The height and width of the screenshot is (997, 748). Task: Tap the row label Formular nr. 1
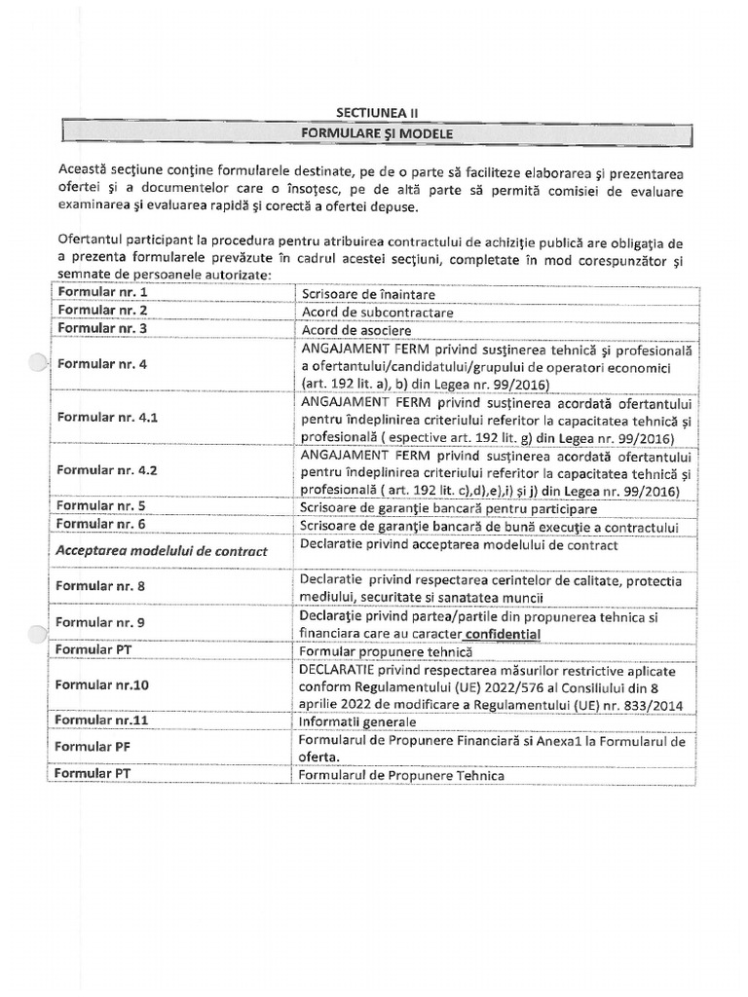click(102, 291)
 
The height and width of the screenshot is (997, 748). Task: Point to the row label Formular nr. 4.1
click(107, 417)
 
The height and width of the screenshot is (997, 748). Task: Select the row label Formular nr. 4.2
click(107, 469)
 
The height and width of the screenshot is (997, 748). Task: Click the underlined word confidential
click(495, 634)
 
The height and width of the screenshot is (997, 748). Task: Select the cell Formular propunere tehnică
click(387, 650)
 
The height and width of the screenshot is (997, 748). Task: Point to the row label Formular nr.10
click(102, 684)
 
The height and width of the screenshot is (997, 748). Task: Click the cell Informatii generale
click(358, 722)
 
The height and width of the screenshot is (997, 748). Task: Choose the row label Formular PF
click(87, 747)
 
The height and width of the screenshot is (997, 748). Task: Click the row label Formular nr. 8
click(101, 587)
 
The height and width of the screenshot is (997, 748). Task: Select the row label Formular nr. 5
click(101, 506)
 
